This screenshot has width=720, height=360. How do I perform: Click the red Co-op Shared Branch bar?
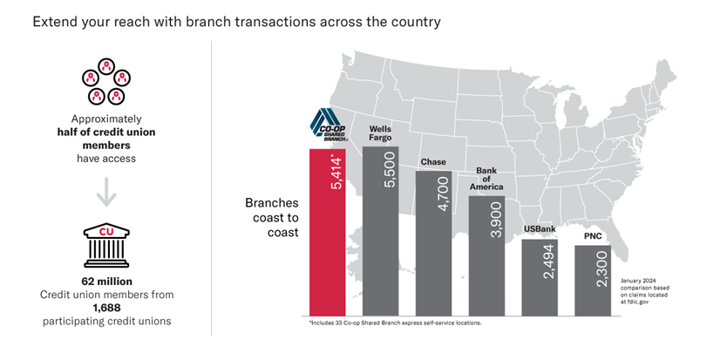327,233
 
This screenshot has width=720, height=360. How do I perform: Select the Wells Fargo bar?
380,232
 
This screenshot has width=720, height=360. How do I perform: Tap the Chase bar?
433,243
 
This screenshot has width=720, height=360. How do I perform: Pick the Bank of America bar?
486,256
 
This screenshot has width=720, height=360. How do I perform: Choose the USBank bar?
540,278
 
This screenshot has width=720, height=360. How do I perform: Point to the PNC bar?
593,281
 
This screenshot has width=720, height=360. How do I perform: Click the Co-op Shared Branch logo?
327,125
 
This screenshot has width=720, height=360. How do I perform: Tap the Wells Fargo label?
380,133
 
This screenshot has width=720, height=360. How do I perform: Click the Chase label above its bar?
433,162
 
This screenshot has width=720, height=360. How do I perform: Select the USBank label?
540,229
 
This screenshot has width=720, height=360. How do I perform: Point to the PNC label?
593,237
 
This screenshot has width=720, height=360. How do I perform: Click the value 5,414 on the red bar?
336,174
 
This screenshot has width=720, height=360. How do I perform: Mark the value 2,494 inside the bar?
549,262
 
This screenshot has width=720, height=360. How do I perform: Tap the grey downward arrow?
106,192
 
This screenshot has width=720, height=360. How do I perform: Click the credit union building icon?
106,246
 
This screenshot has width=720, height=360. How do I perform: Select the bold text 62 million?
106,281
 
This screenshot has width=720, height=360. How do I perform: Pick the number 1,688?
106,307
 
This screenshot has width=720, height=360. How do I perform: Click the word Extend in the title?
55,22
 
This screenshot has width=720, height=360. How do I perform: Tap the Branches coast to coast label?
272,218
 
